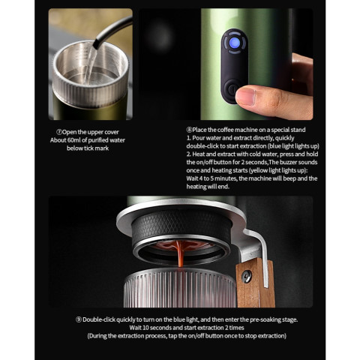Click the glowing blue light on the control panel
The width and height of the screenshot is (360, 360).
click(235, 43)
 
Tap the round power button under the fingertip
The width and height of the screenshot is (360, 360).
click(231, 90)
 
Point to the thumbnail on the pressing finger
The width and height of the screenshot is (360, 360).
click(245, 97)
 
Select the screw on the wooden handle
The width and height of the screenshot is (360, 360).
click(247, 277)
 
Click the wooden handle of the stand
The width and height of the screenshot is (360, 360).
click(255, 283)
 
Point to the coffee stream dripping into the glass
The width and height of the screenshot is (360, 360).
click(180, 253)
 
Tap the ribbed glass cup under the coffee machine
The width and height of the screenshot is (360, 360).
click(179, 288)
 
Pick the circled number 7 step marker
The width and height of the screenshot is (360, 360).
click(59, 132)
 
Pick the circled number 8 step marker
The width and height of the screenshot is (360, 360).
click(189, 130)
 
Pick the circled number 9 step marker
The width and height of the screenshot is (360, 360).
click(79, 319)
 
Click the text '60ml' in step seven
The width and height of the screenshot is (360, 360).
click(74, 140)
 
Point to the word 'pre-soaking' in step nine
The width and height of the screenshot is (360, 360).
click(260, 319)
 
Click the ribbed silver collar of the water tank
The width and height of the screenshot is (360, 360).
click(91, 90)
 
